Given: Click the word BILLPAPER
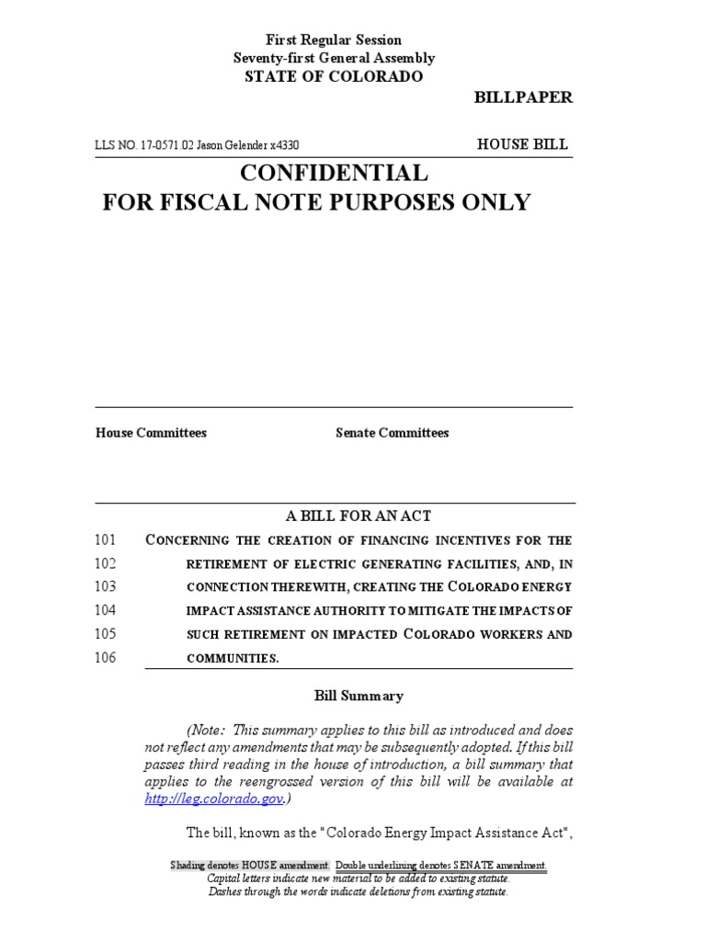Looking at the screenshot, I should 522,98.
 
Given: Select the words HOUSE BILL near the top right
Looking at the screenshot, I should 522,144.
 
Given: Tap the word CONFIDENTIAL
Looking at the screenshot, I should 334,173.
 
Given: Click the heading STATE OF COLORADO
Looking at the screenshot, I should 334,76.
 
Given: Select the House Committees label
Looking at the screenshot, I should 151,433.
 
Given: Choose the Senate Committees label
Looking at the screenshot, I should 393,433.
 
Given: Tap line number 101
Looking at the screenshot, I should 106,539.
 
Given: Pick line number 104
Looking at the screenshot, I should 106,610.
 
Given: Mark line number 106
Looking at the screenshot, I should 106,658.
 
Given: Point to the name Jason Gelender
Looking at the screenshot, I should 232,145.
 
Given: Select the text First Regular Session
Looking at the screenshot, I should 334,40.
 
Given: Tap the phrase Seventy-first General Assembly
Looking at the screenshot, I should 334,58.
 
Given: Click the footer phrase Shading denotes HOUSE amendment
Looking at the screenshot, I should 250,867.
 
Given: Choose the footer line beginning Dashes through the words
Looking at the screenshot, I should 359,891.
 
